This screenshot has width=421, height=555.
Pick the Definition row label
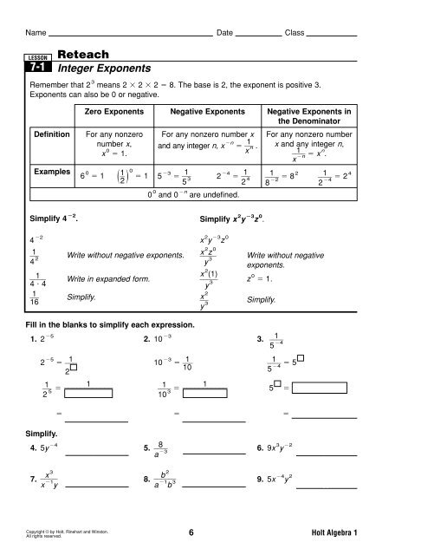pos(52,135)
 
